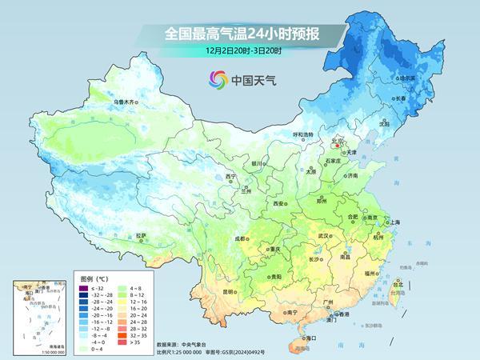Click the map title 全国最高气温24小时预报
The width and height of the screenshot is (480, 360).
[239, 34]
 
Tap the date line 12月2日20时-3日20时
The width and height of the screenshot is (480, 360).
[239, 50]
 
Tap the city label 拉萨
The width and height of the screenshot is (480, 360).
[142, 235]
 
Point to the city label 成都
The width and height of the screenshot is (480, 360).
[240, 238]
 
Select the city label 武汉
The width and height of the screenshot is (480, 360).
[323, 236]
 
